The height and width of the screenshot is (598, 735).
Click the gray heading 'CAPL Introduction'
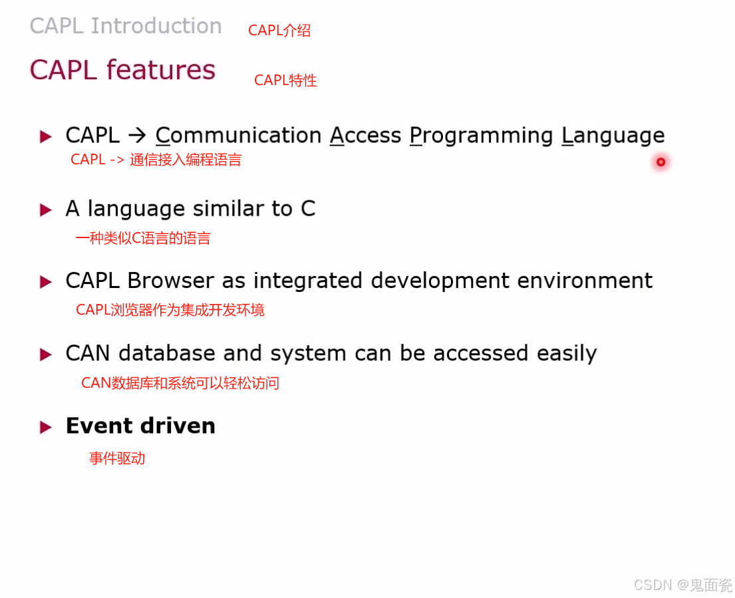point(126,26)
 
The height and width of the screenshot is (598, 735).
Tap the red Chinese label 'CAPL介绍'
point(279,31)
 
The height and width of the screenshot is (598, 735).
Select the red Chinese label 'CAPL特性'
point(285,80)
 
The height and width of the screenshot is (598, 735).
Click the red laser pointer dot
point(661,162)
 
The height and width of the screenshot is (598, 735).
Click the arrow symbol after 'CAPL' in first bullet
point(136,136)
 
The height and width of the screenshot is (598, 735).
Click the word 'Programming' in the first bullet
point(482,136)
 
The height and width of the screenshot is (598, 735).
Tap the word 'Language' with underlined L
point(613,136)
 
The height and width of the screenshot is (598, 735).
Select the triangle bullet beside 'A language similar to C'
point(46,210)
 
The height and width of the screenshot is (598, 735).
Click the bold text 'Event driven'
point(140,426)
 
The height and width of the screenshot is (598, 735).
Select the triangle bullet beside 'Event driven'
point(46,427)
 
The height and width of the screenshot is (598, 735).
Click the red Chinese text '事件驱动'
point(117,458)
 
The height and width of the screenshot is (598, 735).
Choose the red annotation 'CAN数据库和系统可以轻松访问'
point(180,383)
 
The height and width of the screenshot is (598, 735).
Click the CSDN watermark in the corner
point(682,585)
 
